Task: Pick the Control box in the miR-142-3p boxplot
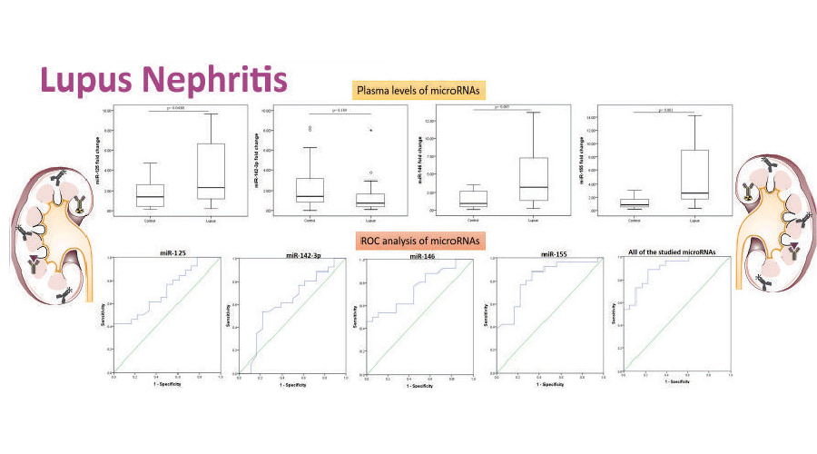[x=310, y=190]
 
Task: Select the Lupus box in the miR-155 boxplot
[x=696, y=174]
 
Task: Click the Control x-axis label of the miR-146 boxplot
[x=473, y=221]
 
